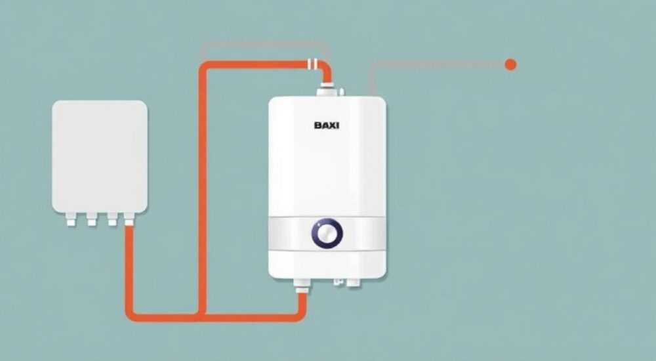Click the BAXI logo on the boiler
click(327, 125)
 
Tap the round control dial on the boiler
click(327, 233)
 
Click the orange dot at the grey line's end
click(510, 64)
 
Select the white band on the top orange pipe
click(312, 64)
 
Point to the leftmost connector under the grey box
click(71, 219)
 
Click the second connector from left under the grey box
click(92, 219)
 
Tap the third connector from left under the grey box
click(112, 219)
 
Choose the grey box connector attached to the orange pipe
click(129, 219)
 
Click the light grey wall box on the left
click(100, 157)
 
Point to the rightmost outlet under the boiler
click(353, 283)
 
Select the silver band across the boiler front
click(327, 233)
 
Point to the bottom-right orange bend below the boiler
click(300, 315)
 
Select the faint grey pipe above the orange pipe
click(265, 43)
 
